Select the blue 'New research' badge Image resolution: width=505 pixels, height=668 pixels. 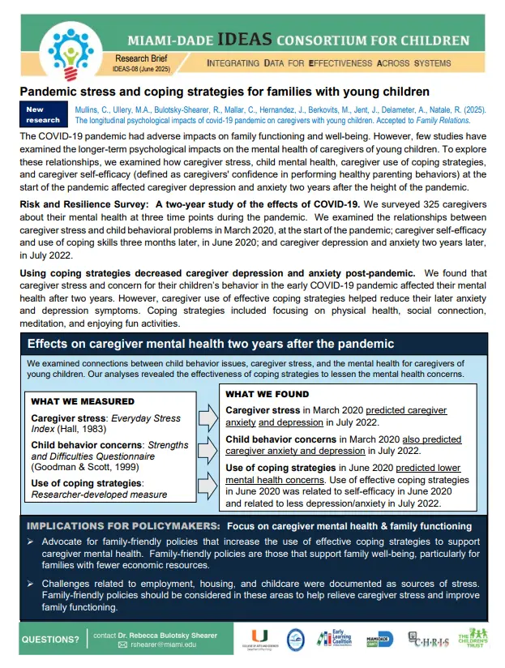click(x=42, y=114)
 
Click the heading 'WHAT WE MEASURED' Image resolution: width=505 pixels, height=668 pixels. click(x=83, y=401)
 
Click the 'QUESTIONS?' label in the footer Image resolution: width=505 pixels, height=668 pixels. click(x=50, y=640)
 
